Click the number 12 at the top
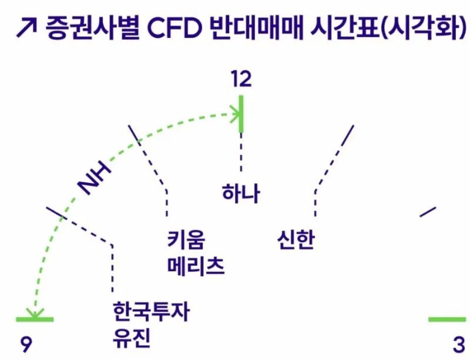coord(241,79)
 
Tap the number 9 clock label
coord(26,344)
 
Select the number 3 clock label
coord(459,344)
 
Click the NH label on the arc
coord(94,178)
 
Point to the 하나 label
coord(241,193)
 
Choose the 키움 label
coord(186,240)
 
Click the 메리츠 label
coord(196,266)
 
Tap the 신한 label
coord(296,240)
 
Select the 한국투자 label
coord(152,311)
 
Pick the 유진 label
coord(131,338)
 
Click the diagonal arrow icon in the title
coord(26,28)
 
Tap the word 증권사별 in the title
coord(93,28)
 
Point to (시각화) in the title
coord(424,28)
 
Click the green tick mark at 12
coord(241,114)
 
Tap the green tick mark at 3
coord(447,320)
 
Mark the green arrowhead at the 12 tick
coord(236,114)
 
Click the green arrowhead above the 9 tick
coord(35,313)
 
